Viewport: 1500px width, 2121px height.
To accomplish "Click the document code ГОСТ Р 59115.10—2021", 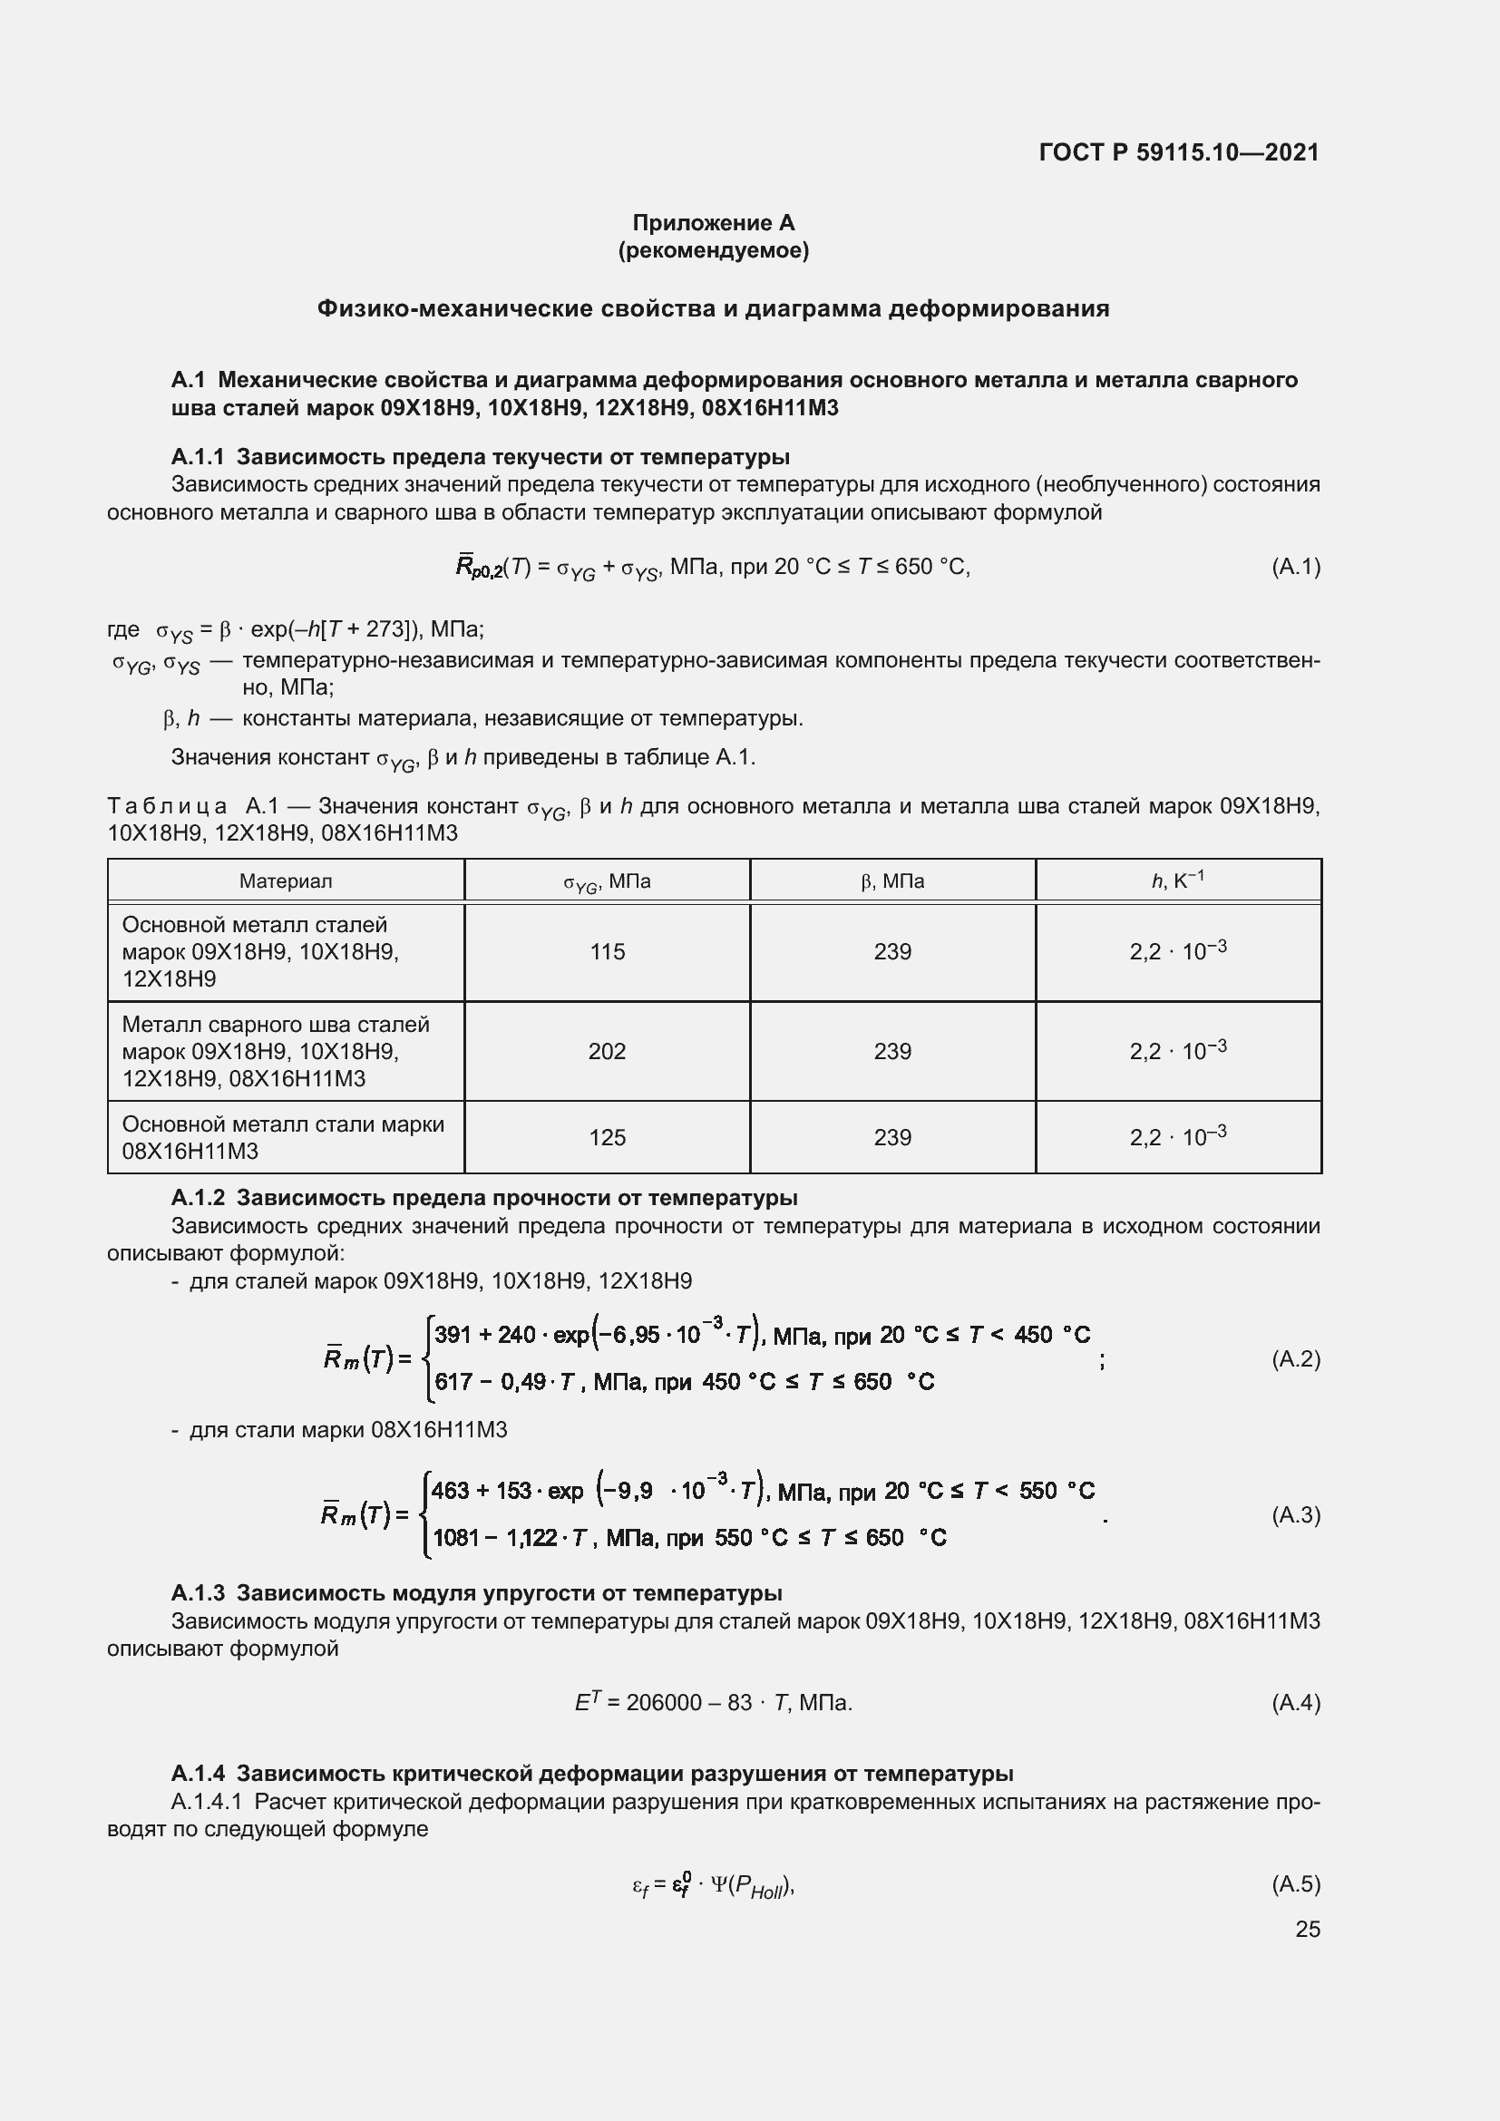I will tap(1179, 152).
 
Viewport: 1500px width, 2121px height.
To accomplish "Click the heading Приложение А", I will tap(713, 223).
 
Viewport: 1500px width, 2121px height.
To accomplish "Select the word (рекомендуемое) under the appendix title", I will tap(713, 250).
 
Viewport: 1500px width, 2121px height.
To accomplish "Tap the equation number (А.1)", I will tap(1295, 566).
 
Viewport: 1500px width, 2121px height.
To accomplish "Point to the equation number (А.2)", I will tap(1295, 1358).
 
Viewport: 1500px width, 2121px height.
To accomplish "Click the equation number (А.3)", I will tap(1295, 1514).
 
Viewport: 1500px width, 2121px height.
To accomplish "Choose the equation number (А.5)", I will tap(1295, 1883).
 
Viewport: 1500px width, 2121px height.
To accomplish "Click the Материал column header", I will tap(286, 881).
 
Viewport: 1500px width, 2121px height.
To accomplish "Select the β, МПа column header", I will tap(892, 881).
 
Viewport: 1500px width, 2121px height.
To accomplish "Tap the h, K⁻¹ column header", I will tap(1178, 881).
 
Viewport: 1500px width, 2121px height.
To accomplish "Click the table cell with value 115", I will tap(607, 951).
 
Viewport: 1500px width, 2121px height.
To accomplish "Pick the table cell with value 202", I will tap(607, 1051).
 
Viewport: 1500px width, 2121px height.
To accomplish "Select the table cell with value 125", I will tap(607, 1137).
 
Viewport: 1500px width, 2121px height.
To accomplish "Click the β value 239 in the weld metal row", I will tap(892, 1051).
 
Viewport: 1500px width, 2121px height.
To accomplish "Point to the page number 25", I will tap(1307, 1929).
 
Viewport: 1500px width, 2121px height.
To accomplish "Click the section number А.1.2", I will tap(198, 1198).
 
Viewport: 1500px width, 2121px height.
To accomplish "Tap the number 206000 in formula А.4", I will tap(663, 1703).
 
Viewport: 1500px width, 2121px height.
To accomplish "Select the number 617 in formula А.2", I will tap(453, 1382).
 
